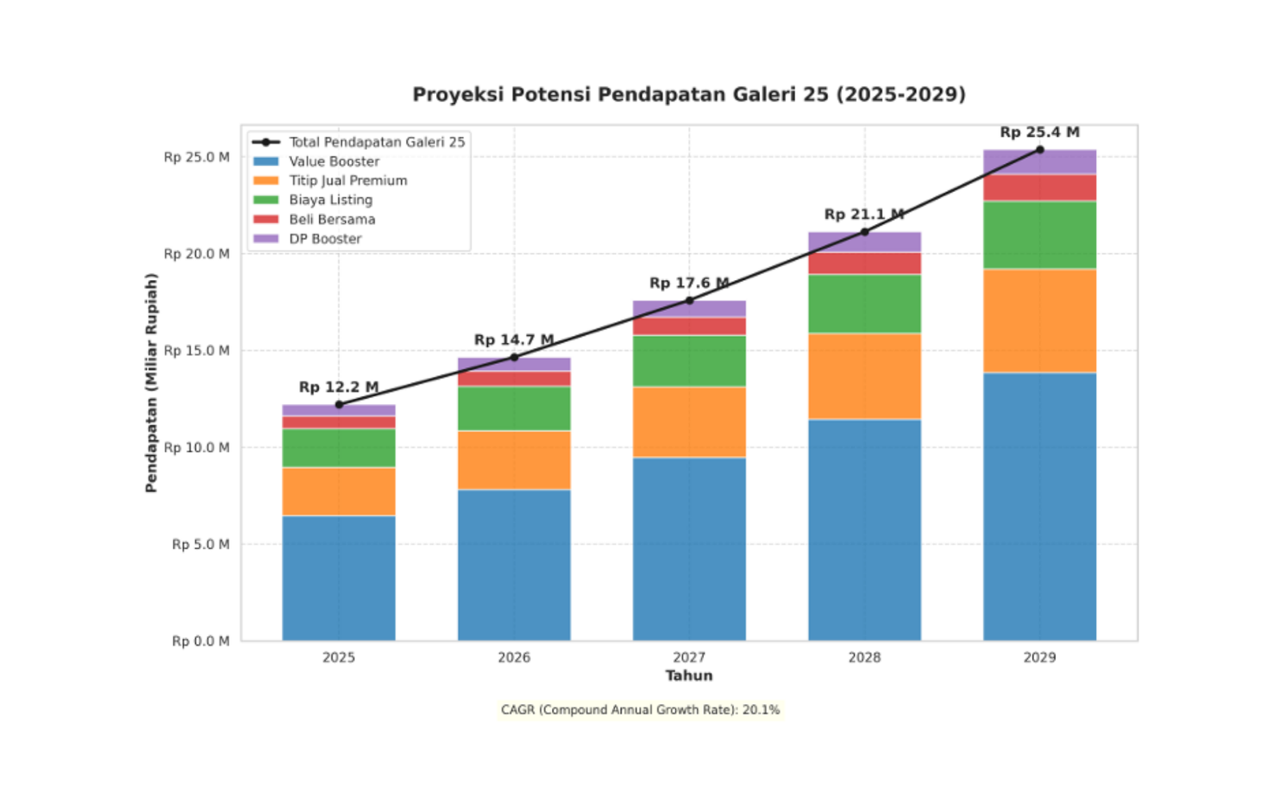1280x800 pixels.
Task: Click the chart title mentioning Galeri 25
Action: [x=689, y=94]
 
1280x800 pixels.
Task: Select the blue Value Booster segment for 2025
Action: [x=338, y=578]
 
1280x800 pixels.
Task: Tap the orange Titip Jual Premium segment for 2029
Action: [x=1039, y=321]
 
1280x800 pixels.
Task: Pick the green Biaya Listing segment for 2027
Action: [x=689, y=361]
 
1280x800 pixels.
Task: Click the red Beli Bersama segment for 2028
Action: [x=864, y=263]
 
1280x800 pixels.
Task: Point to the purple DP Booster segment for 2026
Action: [x=514, y=364]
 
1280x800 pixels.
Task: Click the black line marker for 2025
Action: [x=338, y=405]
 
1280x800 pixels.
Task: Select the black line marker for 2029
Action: [x=1039, y=150]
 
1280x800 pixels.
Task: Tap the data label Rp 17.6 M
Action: [x=689, y=283]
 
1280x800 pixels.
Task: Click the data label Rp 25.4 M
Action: [x=1039, y=132]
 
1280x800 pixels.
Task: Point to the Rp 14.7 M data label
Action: [x=514, y=340]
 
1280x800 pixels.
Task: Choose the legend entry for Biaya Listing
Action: [x=330, y=200]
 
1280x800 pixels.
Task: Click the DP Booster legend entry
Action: [x=325, y=238]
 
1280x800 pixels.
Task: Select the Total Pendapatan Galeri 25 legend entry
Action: [x=376, y=142]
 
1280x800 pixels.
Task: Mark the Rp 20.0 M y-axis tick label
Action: [x=197, y=254]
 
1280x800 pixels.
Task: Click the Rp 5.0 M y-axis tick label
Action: [x=201, y=544]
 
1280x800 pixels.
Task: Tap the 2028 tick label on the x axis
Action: [x=864, y=658]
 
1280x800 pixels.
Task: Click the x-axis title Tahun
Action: [x=689, y=676]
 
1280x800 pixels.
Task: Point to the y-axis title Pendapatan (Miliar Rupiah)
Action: [x=151, y=382]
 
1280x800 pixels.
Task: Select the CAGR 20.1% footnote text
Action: [x=640, y=710]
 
